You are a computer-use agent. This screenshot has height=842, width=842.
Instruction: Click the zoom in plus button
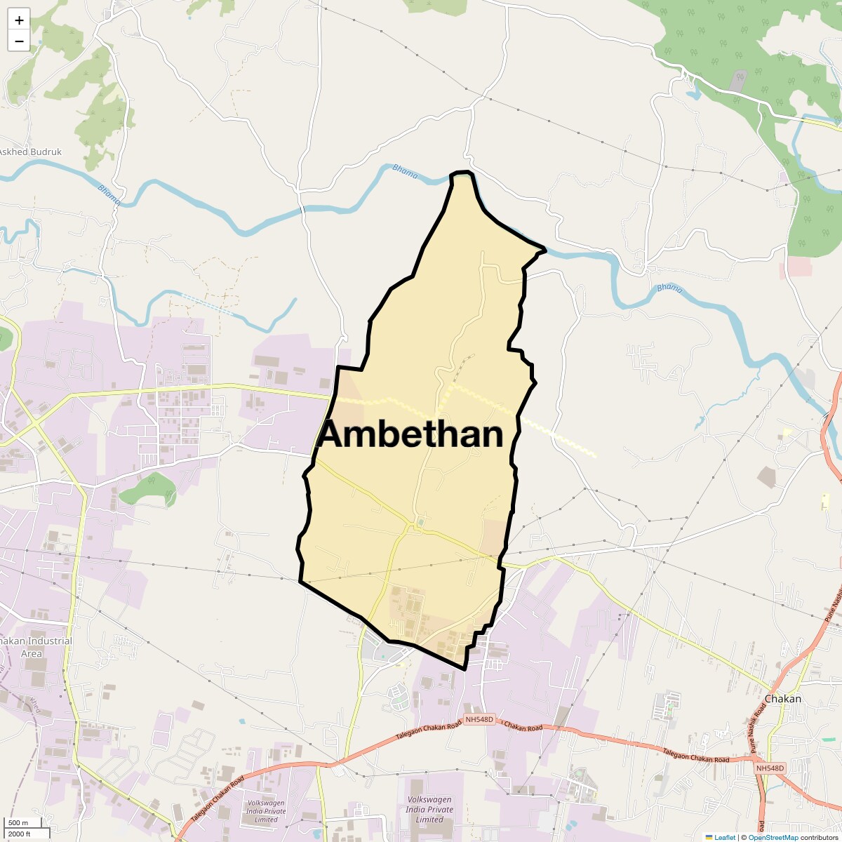coord(19,20)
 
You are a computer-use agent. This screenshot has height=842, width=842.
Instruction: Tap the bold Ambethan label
coord(410,434)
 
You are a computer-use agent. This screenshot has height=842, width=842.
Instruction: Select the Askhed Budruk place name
coord(29,152)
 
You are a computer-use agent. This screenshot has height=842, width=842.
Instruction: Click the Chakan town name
coord(782,699)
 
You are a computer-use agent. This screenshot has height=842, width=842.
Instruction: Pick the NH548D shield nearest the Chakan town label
coord(770,768)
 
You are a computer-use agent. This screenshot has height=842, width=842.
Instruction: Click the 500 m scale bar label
coord(18,822)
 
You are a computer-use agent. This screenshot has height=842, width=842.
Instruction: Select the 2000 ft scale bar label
coord(20,834)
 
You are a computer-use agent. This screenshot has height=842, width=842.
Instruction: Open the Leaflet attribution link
coord(724,837)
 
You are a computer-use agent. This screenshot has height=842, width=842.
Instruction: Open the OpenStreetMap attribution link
coord(773,837)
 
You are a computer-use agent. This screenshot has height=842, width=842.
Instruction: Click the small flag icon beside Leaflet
coord(709,837)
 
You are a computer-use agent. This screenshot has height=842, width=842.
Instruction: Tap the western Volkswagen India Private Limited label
coord(267,811)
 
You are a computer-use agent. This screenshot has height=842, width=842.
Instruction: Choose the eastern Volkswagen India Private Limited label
coord(429,809)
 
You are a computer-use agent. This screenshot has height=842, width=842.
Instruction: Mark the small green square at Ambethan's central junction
coord(420,521)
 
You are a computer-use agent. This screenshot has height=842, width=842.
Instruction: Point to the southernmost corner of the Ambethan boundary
coord(465,669)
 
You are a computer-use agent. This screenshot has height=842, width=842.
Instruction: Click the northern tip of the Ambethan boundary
coord(460,173)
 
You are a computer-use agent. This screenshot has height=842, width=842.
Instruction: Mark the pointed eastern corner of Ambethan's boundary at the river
coord(544,248)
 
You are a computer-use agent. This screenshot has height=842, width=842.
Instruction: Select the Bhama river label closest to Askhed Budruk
coord(109,195)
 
